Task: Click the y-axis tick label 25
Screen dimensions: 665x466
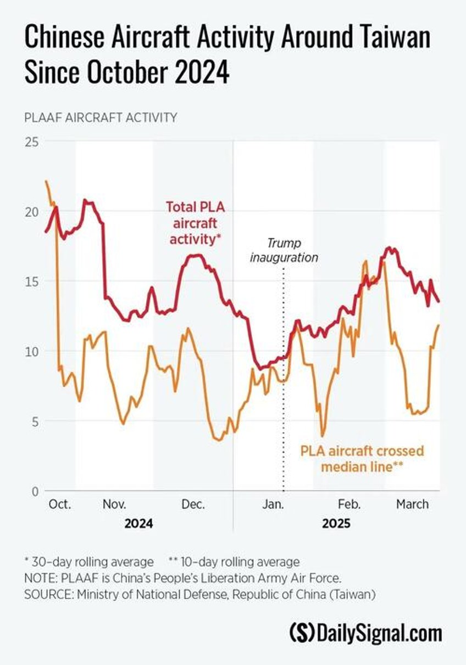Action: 31,142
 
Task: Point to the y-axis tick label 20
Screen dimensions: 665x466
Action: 31,212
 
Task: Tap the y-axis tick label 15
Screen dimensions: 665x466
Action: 31,281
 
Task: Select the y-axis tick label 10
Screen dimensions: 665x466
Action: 31,351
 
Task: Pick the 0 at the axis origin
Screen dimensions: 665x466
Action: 34,491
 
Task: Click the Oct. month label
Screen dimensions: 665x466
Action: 59,504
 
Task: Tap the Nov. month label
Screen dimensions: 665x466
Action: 114,504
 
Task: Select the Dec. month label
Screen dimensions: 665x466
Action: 193,504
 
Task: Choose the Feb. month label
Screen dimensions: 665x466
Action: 349,504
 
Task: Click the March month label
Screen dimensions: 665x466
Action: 412,504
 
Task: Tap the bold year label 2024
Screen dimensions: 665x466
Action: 138,523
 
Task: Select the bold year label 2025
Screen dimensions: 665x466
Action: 336,523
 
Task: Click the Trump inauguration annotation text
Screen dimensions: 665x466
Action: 284,250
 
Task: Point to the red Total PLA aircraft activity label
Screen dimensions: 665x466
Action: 196,223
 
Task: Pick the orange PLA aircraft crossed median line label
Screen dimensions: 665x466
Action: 362,459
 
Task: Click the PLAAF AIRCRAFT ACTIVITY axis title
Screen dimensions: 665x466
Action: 101,117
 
